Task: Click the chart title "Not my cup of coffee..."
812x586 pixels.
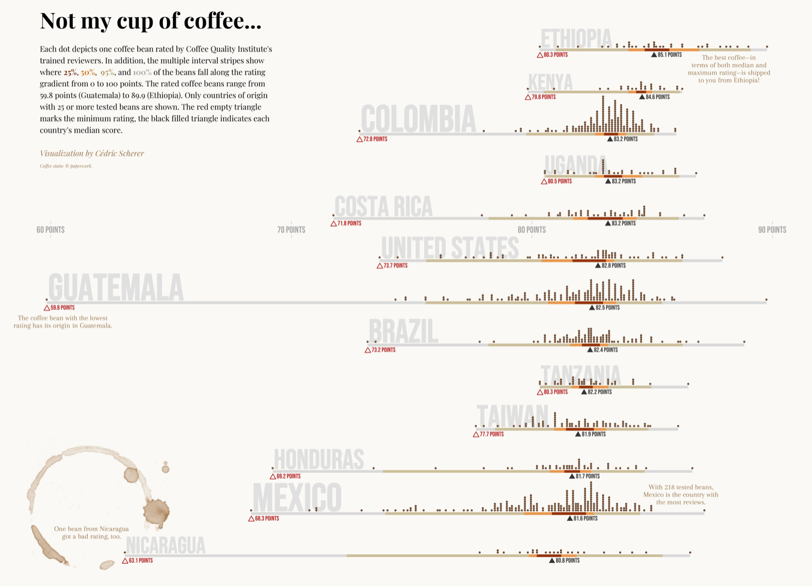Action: [151, 21]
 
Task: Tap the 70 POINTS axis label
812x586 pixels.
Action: [291, 230]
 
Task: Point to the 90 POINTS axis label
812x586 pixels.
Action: [772, 230]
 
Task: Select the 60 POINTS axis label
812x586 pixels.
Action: [50, 230]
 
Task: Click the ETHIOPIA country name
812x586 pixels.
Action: [576, 39]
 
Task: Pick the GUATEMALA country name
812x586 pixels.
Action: [116, 288]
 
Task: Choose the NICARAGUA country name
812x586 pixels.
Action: [166, 546]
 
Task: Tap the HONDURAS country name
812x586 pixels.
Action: [319, 460]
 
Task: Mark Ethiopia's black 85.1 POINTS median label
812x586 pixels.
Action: [669, 55]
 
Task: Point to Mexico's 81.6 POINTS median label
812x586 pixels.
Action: [585, 519]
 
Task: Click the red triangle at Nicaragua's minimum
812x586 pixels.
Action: [125, 561]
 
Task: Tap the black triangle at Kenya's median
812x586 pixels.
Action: [642, 97]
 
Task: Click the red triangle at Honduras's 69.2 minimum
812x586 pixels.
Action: [272, 476]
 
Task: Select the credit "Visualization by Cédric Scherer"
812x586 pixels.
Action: [91, 154]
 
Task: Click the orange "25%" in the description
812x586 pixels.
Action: [70, 73]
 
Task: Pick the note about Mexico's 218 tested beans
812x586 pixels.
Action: [680, 494]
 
